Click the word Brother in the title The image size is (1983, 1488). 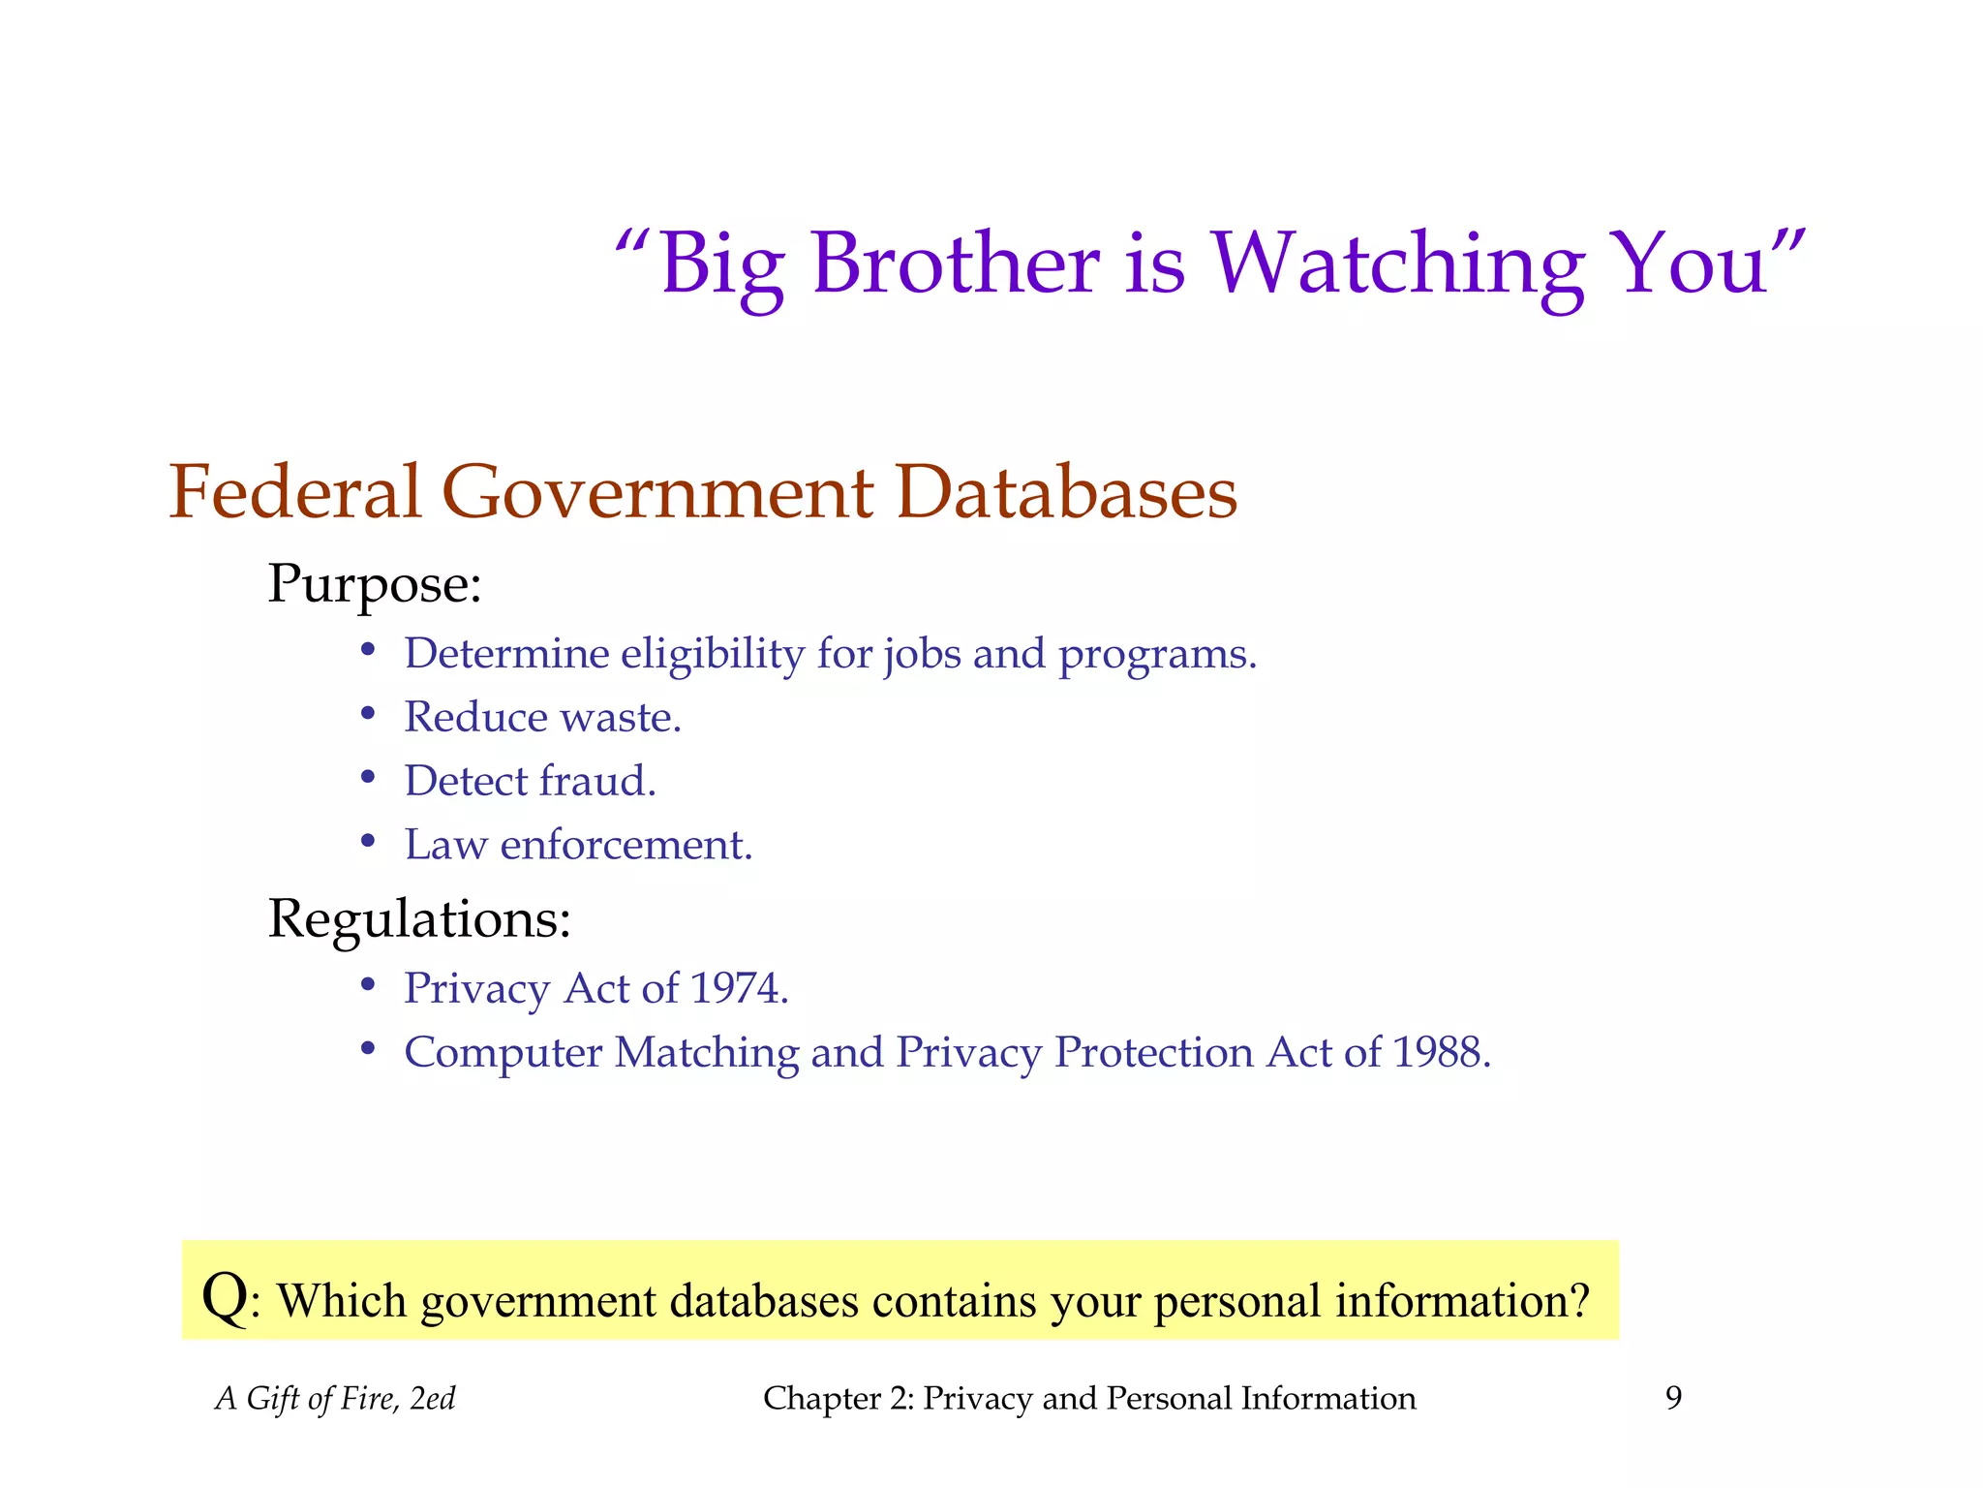(x=955, y=263)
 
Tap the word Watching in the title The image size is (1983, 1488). (x=1398, y=263)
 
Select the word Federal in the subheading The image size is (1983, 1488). (x=295, y=491)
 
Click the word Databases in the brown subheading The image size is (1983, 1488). (x=1066, y=491)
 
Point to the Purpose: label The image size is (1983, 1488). (x=375, y=584)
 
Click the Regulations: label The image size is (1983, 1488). (x=419, y=918)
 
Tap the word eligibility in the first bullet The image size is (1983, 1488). (x=712, y=654)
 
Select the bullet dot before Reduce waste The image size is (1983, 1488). (x=368, y=715)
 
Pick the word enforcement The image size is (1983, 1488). (x=625, y=845)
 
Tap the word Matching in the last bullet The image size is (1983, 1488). (x=706, y=1053)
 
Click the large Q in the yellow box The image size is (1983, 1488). (x=225, y=1296)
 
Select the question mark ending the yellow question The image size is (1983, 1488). (x=1579, y=1300)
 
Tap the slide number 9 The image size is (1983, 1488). (x=1673, y=1398)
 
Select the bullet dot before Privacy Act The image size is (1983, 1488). (x=368, y=986)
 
